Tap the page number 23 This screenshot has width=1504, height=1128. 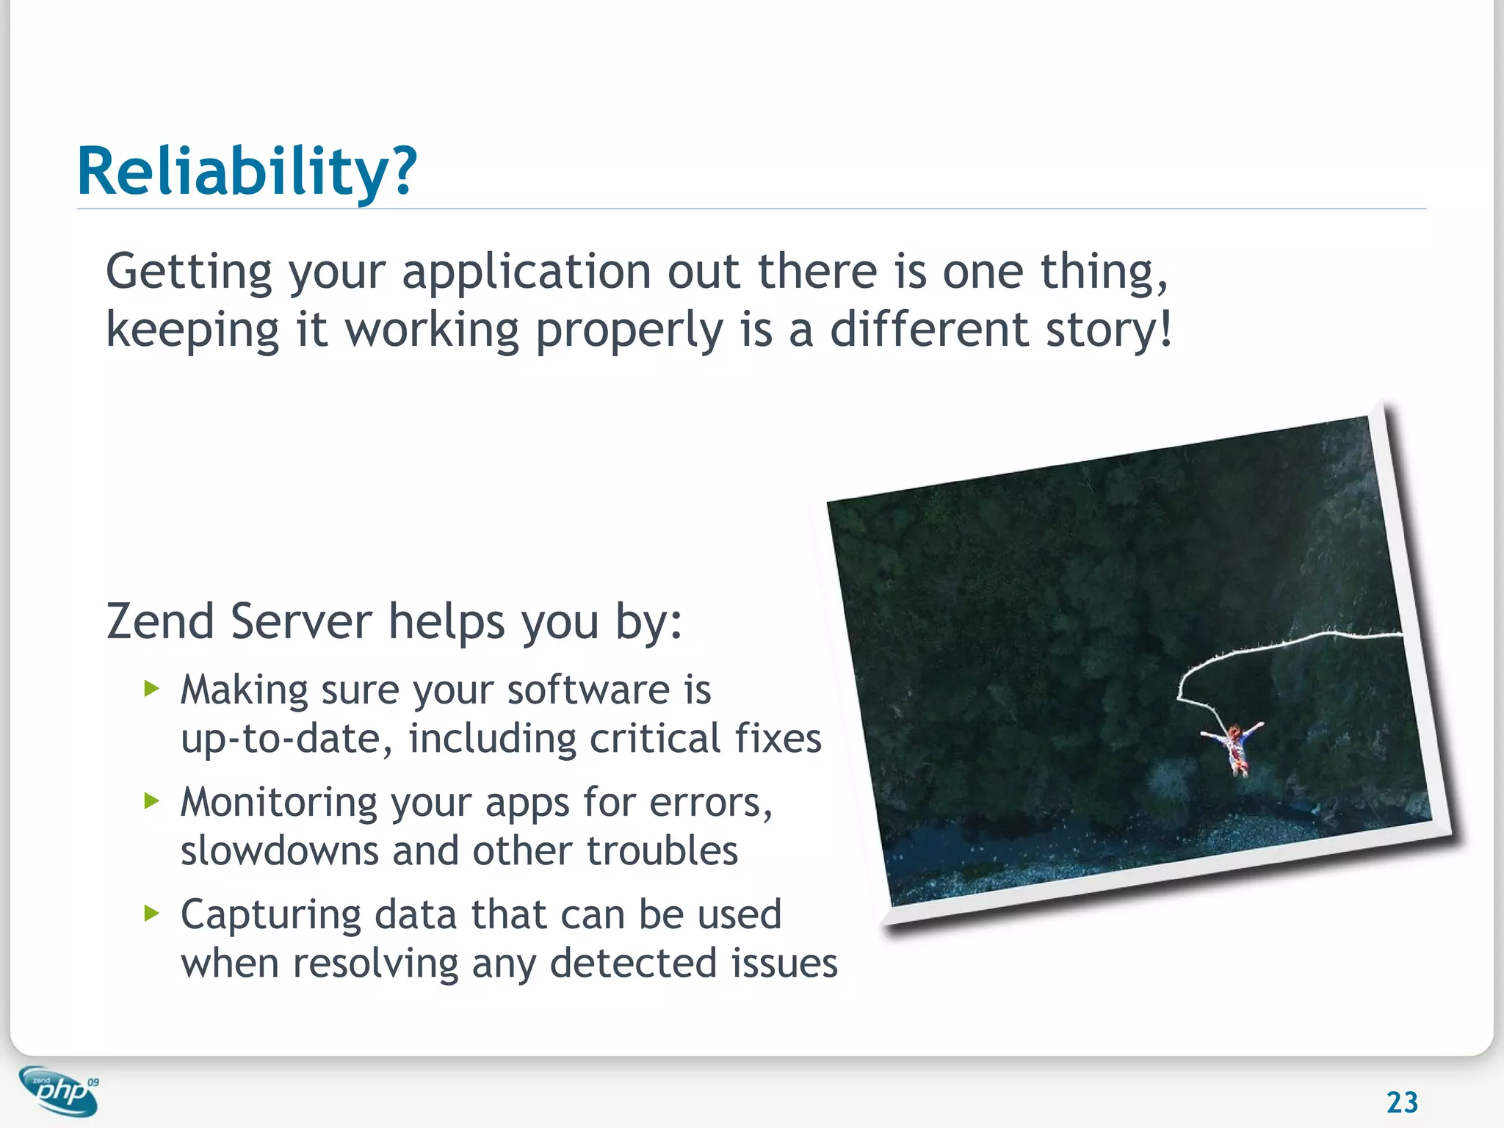(x=1401, y=1102)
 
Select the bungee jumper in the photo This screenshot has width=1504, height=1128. (x=1235, y=745)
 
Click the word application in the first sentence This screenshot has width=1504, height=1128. (x=526, y=272)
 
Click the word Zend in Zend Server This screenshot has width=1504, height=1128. (x=160, y=621)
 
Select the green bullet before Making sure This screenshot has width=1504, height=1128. (x=151, y=689)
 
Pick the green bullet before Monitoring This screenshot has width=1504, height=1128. (x=151, y=800)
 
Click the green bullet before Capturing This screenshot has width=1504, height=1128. (x=151, y=913)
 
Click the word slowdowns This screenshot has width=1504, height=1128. (x=279, y=851)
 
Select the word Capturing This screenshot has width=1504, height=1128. (x=271, y=915)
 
